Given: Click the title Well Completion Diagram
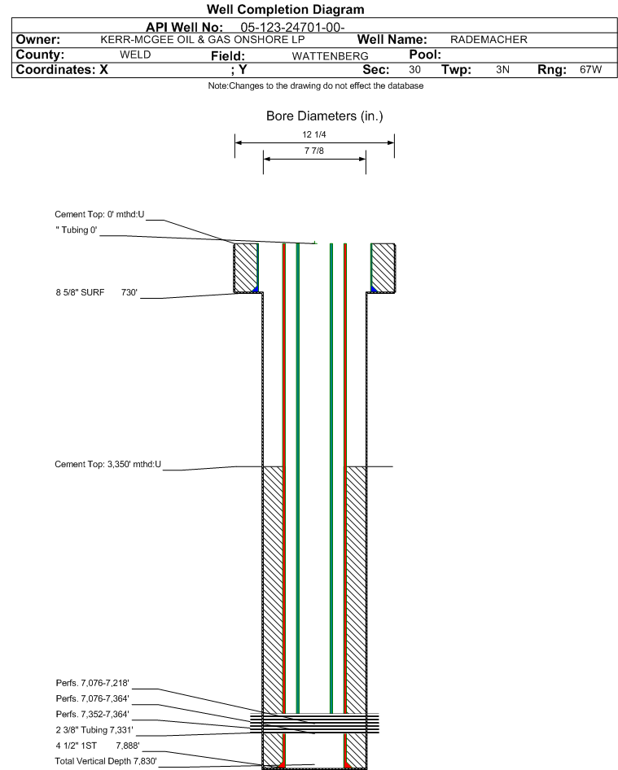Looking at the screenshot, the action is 286,9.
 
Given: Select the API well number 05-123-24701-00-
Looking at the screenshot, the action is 293,28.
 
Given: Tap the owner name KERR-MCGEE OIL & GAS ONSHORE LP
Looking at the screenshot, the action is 203,40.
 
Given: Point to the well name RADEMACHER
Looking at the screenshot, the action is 489,40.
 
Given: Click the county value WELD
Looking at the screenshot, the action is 135,55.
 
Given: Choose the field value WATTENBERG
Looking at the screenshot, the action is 330,56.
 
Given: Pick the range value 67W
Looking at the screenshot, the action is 590,69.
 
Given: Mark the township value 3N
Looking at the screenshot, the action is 502,69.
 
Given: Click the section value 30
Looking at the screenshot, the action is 414,69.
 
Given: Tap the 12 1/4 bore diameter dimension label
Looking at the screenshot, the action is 314,134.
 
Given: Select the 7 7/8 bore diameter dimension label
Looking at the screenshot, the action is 314,151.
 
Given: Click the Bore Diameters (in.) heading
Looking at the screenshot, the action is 325,116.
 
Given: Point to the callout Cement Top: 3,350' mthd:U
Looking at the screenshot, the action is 107,464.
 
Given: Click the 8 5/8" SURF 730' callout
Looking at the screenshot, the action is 96,292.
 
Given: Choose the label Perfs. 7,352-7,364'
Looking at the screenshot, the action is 92,714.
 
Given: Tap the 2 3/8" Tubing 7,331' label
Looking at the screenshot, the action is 94,730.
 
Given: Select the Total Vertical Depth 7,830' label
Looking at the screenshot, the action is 106,761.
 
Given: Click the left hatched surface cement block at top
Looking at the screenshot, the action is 245,268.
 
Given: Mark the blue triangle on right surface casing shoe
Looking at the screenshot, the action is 374,289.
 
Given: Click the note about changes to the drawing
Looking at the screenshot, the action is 315,86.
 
